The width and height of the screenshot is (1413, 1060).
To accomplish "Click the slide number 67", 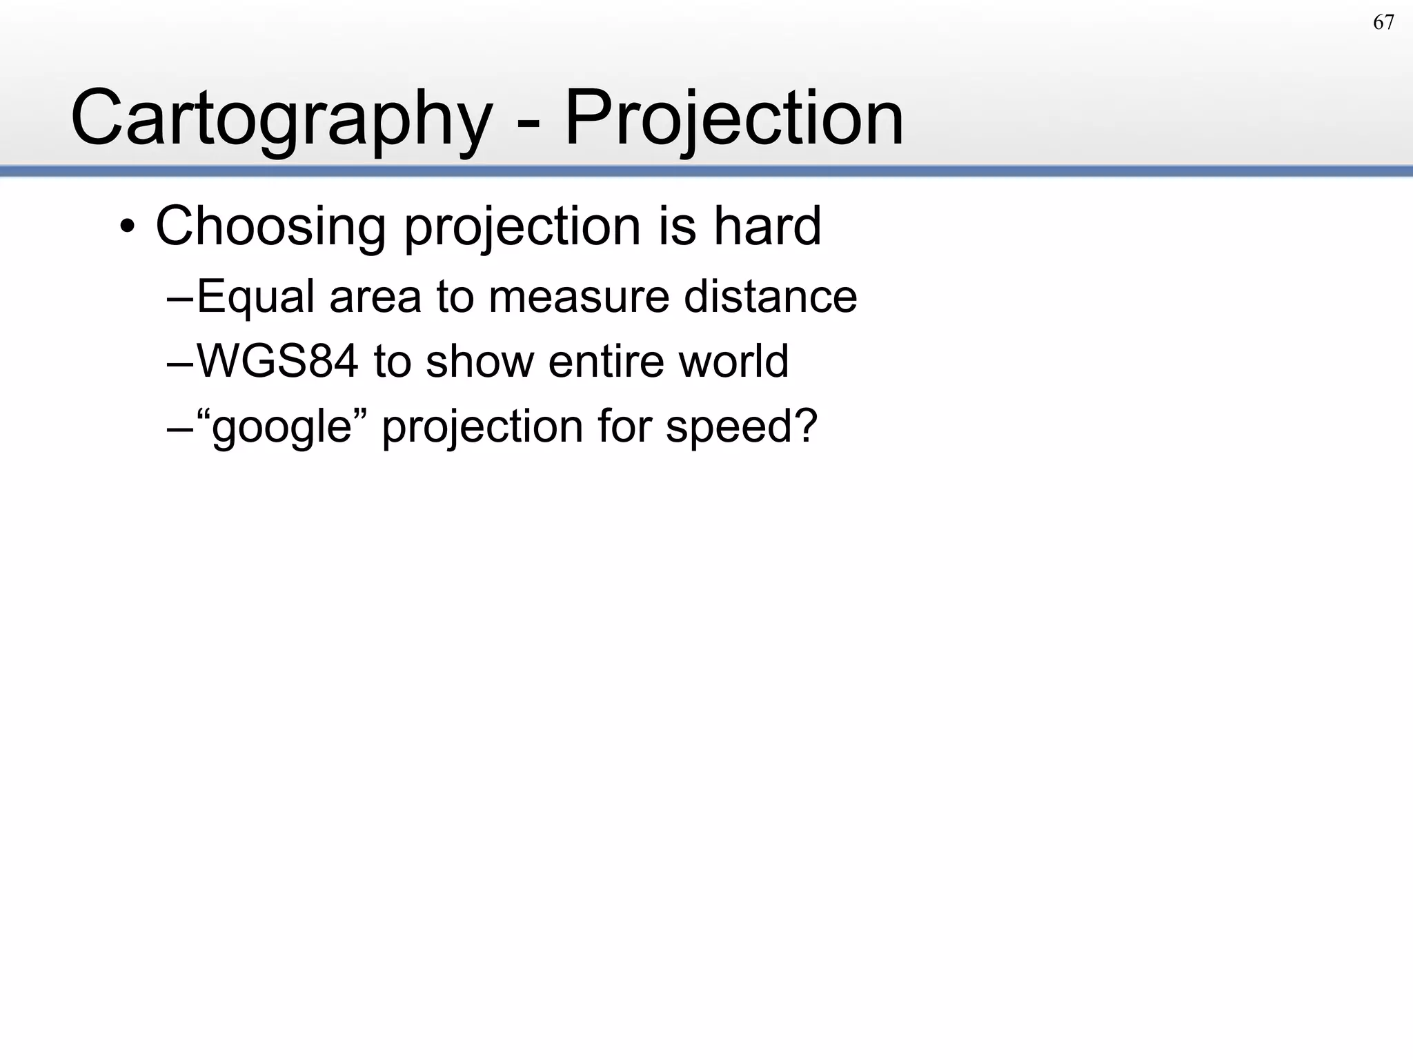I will (1383, 23).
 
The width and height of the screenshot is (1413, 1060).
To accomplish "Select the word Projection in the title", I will (734, 119).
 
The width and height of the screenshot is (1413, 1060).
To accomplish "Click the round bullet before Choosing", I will (127, 227).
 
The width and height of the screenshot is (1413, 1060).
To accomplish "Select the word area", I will (375, 297).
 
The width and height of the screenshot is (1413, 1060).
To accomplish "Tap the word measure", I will (578, 297).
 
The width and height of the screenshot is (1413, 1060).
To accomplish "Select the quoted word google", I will (282, 427).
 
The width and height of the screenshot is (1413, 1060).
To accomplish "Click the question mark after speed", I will (804, 426).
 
